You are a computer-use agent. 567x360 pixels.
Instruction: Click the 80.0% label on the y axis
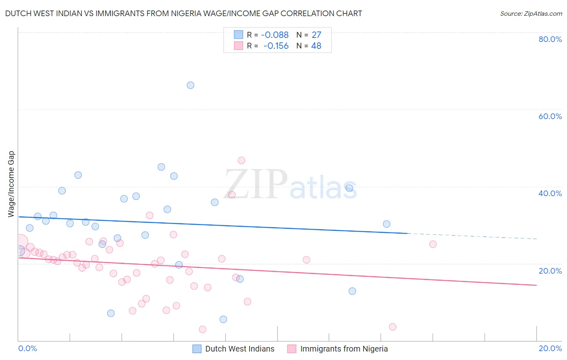[x=550, y=39]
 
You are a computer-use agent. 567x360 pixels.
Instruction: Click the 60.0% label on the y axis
[x=550, y=116]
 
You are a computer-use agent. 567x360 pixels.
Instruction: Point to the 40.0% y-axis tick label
[x=550, y=193]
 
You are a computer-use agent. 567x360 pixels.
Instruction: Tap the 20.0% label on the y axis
[x=550, y=270]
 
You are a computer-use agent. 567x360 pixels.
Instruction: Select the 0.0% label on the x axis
[x=27, y=348]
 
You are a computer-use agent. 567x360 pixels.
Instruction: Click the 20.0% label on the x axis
[x=550, y=348]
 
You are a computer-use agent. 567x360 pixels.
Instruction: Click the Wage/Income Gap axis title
[x=11, y=184]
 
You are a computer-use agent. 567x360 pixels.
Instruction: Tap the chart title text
[x=183, y=13]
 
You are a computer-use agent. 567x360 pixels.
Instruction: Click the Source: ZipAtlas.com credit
[x=531, y=13]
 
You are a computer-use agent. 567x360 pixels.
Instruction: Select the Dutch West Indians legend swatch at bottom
[x=197, y=349]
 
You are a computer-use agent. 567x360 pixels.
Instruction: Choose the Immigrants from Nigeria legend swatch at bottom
[x=292, y=349]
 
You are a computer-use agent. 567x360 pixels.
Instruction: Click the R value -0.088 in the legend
[x=275, y=35]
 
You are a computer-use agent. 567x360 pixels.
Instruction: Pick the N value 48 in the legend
[x=316, y=46]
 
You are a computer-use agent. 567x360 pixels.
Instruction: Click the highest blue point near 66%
[x=190, y=85]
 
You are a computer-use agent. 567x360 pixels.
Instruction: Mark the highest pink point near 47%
[x=241, y=160]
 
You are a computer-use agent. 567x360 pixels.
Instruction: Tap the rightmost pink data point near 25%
[x=433, y=244]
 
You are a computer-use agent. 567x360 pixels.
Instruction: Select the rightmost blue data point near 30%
[x=386, y=224]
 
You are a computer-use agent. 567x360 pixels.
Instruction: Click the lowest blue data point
[x=223, y=319]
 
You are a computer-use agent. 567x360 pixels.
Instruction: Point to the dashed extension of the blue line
[x=472, y=236]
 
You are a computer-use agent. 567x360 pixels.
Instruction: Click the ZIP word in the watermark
[x=256, y=184]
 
